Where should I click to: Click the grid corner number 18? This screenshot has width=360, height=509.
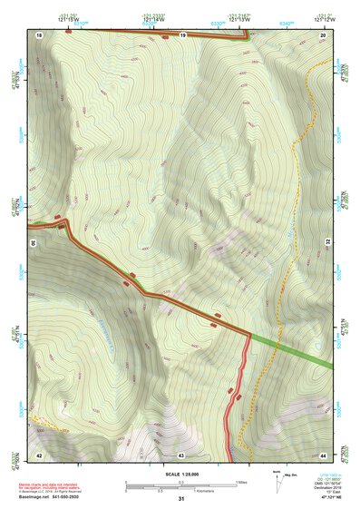(x=40, y=35)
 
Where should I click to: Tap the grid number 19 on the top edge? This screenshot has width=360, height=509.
(x=182, y=35)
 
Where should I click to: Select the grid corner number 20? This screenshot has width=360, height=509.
(x=323, y=35)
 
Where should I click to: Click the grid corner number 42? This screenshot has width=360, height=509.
(x=39, y=455)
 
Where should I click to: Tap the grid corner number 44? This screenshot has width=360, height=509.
(x=324, y=455)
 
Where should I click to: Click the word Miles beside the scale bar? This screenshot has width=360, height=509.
(x=241, y=482)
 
